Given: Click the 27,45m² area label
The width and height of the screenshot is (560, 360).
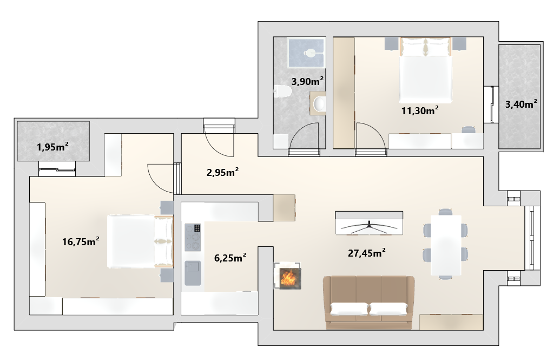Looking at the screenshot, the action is (x=366, y=253).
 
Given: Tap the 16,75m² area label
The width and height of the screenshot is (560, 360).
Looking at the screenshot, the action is (x=81, y=241).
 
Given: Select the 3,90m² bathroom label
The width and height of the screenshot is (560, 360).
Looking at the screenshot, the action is (x=307, y=81).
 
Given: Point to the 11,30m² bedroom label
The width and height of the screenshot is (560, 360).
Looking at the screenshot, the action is (x=420, y=110).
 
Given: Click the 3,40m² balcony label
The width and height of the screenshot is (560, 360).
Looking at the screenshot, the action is (x=521, y=104).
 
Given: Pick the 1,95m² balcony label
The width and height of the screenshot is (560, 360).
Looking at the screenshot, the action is (x=52, y=147).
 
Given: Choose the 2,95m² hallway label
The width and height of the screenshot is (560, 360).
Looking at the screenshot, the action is (x=222, y=172).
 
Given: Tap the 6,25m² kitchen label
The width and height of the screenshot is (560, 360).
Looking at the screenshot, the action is (x=230, y=257).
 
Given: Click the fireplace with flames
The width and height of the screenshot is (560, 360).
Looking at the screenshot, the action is (x=288, y=276).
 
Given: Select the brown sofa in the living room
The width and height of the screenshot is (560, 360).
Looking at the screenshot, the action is (x=369, y=303).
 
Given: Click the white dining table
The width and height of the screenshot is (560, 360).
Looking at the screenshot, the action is (x=446, y=245).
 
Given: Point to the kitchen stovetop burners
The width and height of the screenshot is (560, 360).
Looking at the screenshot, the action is (x=193, y=237).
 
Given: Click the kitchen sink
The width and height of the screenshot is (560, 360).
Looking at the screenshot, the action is (x=193, y=273).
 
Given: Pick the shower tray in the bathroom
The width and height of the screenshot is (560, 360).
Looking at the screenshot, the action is (x=306, y=53).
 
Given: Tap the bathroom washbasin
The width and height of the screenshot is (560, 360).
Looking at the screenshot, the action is (x=318, y=104).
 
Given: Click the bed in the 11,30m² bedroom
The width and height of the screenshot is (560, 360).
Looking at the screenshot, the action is (x=425, y=70).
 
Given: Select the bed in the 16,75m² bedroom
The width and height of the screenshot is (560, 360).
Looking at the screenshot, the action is (x=140, y=241).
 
